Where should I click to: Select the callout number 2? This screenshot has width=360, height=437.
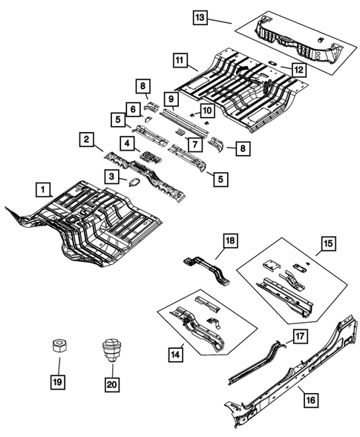point(87,139)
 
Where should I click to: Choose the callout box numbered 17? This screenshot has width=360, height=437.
point(299,337)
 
